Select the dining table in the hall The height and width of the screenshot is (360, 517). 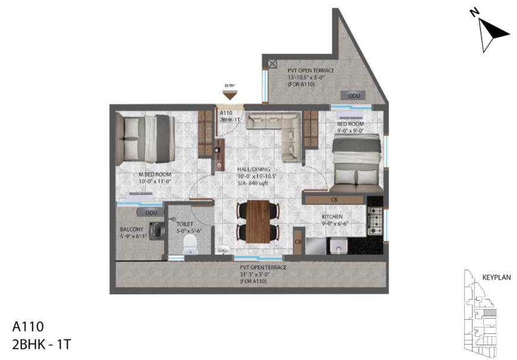(258, 222)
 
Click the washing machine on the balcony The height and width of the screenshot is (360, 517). (157, 230)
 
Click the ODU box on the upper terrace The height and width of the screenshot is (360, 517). (354, 95)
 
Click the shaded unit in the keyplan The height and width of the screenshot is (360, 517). (489, 312)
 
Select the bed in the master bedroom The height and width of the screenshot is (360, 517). (145, 138)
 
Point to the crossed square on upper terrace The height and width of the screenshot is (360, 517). (272, 63)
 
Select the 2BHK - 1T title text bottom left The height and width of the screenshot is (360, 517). (42, 343)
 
